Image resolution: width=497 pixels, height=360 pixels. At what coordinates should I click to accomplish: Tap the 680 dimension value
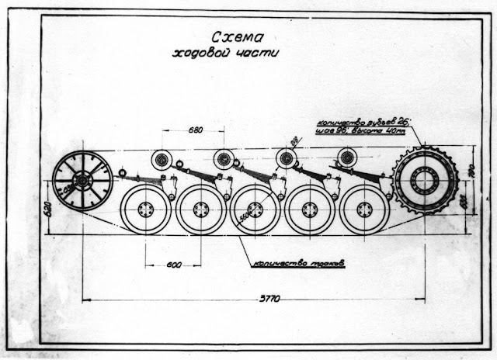tap(196, 129)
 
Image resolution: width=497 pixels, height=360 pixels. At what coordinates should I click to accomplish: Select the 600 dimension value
tap(174, 265)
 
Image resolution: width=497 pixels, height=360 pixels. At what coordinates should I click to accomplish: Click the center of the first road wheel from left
tap(145, 209)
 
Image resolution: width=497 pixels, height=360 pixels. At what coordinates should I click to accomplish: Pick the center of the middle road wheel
tap(255, 209)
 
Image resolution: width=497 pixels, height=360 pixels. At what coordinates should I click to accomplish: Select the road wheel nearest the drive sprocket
tap(363, 209)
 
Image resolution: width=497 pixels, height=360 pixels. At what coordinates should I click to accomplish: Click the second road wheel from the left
tap(200, 209)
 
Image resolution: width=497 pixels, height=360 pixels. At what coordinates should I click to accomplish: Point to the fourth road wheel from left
tap(309, 209)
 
